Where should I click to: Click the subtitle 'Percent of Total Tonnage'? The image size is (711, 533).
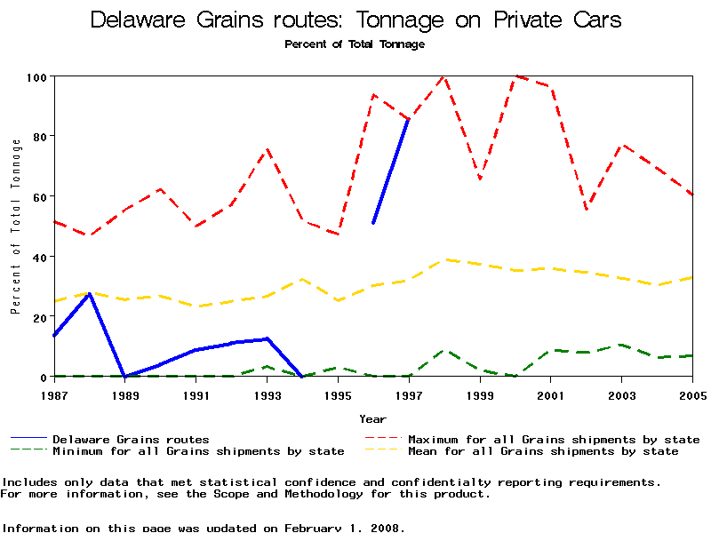(x=355, y=44)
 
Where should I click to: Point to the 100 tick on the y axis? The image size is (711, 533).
(x=36, y=76)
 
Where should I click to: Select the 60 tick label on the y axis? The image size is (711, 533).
(x=39, y=196)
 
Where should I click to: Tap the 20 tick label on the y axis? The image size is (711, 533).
(x=39, y=317)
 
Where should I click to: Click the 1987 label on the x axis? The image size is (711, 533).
(x=53, y=394)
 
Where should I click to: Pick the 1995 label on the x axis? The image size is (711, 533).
(x=338, y=394)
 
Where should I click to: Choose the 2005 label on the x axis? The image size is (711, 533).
(x=692, y=394)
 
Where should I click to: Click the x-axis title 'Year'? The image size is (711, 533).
(x=372, y=418)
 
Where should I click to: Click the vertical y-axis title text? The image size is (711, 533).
(x=15, y=227)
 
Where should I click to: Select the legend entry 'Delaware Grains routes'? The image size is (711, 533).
(x=131, y=439)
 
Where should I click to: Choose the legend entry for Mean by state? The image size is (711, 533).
(x=542, y=451)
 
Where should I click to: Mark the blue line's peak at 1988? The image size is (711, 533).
(x=89, y=293)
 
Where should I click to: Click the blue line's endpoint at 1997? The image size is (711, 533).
(x=408, y=118)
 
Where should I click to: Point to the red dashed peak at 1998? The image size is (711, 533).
(x=443, y=76)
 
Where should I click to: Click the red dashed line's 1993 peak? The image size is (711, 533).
(x=267, y=149)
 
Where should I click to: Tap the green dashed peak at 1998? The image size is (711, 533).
(x=444, y=350)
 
